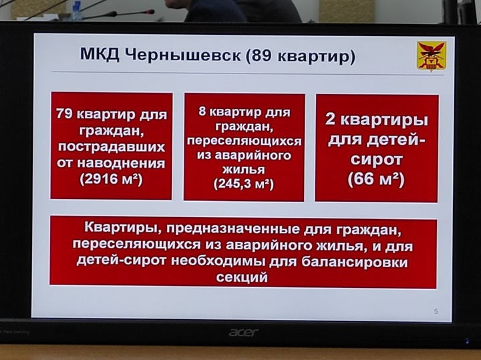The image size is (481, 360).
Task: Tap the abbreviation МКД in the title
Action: (x=100, y=55)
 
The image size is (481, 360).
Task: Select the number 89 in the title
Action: (x=263, y=56)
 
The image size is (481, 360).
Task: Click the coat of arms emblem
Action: (x=431, y=56)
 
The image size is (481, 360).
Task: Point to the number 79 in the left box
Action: (x=64, y=114)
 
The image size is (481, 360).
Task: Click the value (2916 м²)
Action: (x=111, y=179)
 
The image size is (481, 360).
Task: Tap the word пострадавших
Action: (x=112, y=147)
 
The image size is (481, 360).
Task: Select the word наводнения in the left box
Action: (x=121, y=163)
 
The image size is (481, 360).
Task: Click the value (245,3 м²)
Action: (x=244, y=184)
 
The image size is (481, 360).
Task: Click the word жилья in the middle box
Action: (x=244, y=170)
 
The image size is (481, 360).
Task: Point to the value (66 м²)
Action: (x=376, y=179)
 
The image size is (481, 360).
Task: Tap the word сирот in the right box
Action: (x=376, y=160)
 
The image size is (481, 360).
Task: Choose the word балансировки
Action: (x=355, y=262)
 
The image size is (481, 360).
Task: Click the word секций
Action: (x=242, y=277)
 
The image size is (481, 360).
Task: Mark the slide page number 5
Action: (x=436, y=311)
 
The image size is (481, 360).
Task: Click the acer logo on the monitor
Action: (x=243, y=333)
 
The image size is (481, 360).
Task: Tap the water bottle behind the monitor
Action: (x=76, y=11)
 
